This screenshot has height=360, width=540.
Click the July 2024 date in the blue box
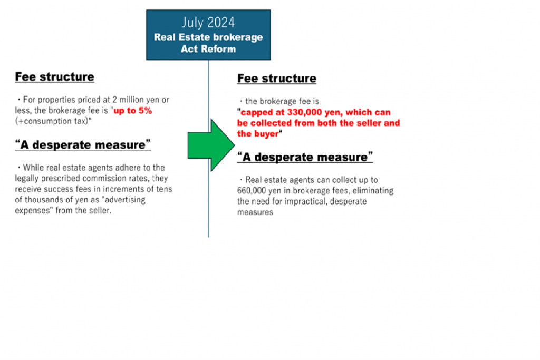tap(208, 23)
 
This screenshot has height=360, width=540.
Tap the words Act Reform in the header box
tap(208, 49)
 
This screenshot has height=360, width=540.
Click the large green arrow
tap(211, 145)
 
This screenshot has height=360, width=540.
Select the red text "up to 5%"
tap(132, 111)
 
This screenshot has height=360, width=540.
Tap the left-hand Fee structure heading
tap(54, 77)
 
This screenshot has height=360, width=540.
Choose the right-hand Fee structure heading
tap(276, 79)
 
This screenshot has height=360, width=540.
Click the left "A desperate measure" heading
tap(83, 144)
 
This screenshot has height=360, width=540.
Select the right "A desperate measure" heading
tap(305, 157)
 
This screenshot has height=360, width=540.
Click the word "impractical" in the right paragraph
tap(304, 201)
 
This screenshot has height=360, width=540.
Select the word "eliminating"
tap(373, 190)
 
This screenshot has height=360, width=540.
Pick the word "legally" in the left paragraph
tap(27, 178)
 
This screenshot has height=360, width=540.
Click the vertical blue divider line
tap(208, 149)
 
